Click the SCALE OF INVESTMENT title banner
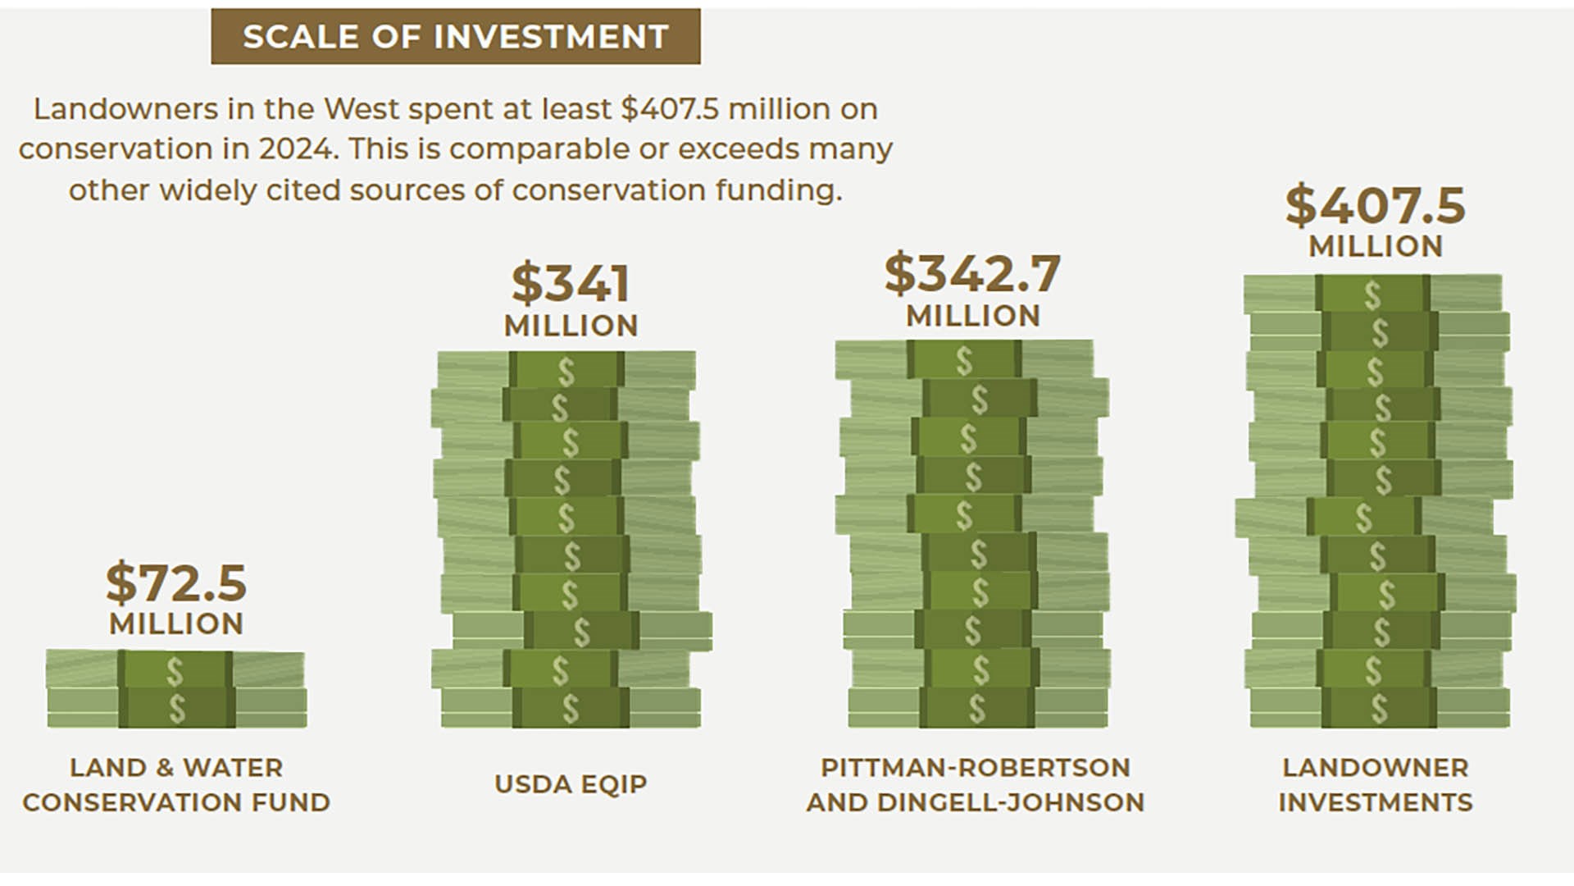[x=456, y=36]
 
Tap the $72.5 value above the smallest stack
[x=176, y=582]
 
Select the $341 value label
[x=571, y=284]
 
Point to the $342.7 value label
[x=972, y=273]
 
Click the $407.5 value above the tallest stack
[x=1375, y=205]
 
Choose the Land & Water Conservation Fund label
[x=176, y=784]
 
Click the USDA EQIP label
[x=571, y=783]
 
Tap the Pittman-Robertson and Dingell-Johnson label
[x=975, y=784]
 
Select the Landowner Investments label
[x=1376, y=784]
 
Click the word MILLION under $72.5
[x=176, y=623]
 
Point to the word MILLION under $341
[x=571, y=326]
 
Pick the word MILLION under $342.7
[x=973, y=316]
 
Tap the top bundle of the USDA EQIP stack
[x=566, y=371]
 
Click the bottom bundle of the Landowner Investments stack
[x=1380, y=708]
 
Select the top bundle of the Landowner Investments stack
[x=1373, y=294]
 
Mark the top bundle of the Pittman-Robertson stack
[x=964, y=360]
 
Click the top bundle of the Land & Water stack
[x=175, y=670]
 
